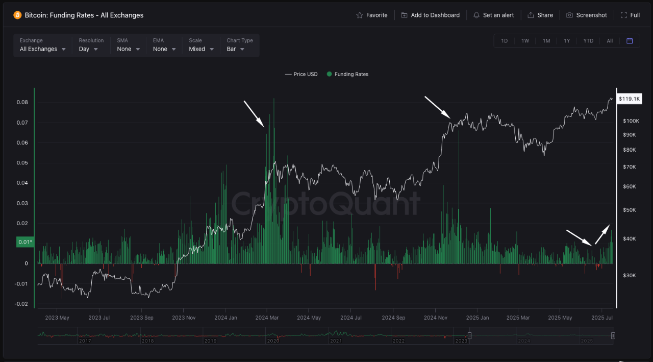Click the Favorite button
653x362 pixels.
tap(372, 15)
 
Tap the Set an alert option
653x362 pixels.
tap(493, 15)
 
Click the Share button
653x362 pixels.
tap(540, 15)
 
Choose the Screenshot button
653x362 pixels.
tap(587, 15)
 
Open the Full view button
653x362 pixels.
tap(630, 15)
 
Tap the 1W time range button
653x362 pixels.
tap(525, 41)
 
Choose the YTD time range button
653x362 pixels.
tap(588, 41)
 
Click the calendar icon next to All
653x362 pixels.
tap(630, 41)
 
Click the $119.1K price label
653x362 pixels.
tap(629, 99)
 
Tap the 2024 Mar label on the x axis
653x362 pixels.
tap(267, 318)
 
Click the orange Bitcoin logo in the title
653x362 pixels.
tap(17, 15)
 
